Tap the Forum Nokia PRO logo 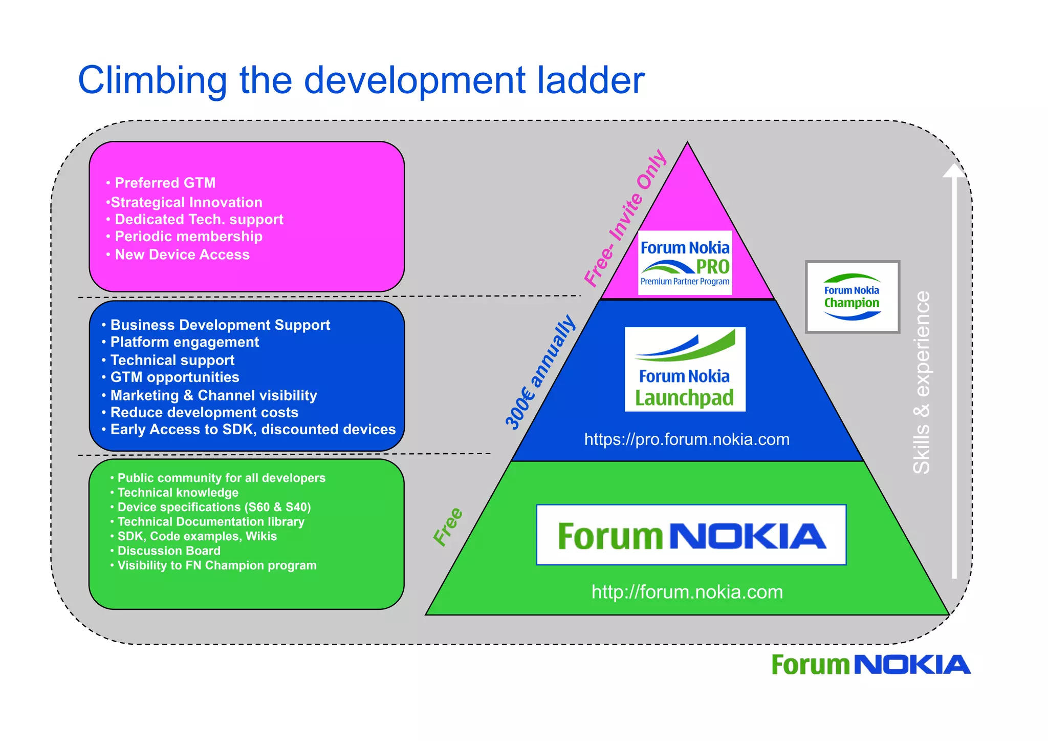[x=685, y=263]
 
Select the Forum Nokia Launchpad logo [x=685, y=369]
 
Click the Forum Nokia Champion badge [x=852, y=297]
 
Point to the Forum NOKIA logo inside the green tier [x=691, y=535]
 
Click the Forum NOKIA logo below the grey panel [x=870, y=665]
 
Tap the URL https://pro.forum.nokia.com [x=687, y=439]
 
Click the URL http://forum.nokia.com [x=687, y=592]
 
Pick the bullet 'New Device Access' [x=182, y=255]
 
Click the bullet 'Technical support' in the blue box [x=172, y=360]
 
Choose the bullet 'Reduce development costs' [x=204, y=412]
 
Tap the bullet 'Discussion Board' [x=169, y=551]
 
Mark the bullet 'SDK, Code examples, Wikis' [x=197, y=536]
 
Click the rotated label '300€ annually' [x=540, y=372]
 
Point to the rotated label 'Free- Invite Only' [x=625, y=218]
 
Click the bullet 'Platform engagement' [x=184, y=342]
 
